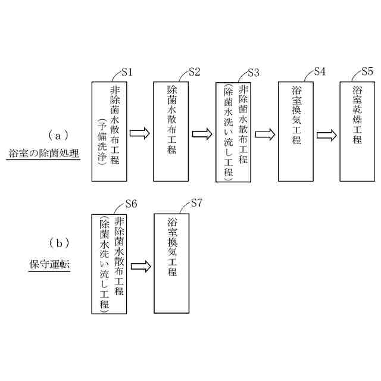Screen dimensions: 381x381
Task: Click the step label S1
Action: click(x=127, y=72)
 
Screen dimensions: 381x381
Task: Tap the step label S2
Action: click(x=194, y=72)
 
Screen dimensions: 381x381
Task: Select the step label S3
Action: click(x=253, y=73)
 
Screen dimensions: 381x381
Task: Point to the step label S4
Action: click(x=319, y=72)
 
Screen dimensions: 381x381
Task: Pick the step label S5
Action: click(x=367, y=72)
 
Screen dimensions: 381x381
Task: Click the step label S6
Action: click(x=132, y=204)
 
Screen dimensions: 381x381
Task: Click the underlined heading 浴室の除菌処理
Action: click(x=43, y=154)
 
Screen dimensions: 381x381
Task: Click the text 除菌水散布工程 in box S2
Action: click(x=172, y=119)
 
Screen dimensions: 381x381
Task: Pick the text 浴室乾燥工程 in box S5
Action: click(x=358, y=115)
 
